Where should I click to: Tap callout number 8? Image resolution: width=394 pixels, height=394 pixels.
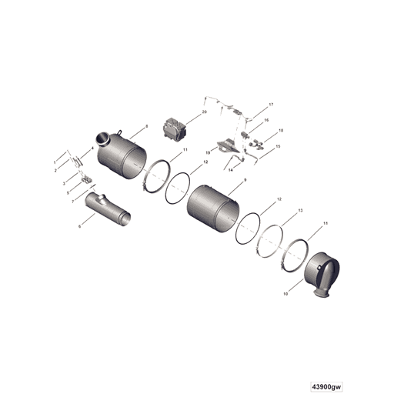click(x=146, y=125)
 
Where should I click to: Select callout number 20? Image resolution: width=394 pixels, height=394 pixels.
click(x=204, y=112)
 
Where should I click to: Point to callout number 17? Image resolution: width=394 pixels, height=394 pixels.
click(x=271, y=104)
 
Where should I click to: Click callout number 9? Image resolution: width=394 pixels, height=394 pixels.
click(x=244, y=180)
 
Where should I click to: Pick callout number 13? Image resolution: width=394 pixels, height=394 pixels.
click(x=300, y=210)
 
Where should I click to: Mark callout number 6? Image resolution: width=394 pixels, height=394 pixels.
click(x=79, y=226)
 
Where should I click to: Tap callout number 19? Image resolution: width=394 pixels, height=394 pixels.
click(x=208, y=152)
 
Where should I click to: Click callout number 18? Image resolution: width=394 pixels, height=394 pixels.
click(x=281, y=131)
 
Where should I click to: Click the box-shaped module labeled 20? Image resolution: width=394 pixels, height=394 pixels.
click(x=175, y=126)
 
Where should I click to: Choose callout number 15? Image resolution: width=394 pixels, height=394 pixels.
click(x=278, y=146)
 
